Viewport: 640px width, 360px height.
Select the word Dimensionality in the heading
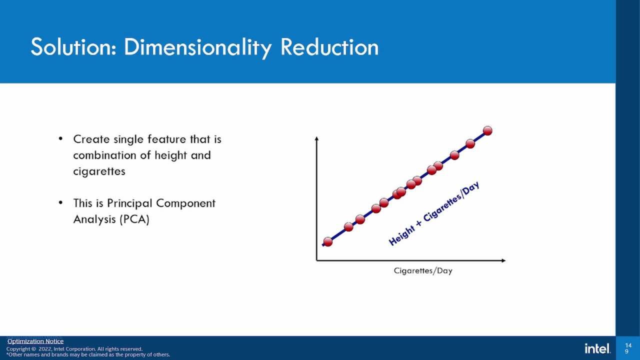pos(198,48)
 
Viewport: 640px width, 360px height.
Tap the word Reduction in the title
pos(329,47)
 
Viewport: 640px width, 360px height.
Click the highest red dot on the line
pos(487,130)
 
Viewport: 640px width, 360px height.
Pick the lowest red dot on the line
pos(328,241)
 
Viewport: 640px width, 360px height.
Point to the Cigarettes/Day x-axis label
pos(422,271)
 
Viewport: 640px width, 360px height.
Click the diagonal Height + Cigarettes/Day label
pos(434,213)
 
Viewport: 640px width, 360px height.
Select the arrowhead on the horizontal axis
pos(503,260)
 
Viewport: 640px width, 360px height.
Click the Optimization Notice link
pos(35,341)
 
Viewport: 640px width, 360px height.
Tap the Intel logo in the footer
pos(597,348)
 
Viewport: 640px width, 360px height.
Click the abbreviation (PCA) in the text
pos(134,219)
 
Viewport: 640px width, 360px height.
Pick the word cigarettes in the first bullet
pos(99,171)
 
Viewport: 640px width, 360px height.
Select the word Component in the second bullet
pos(185,203)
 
